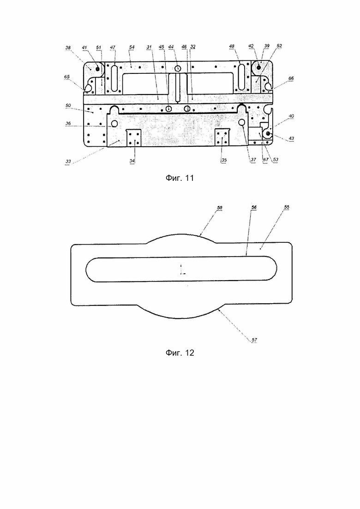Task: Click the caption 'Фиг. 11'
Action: click(x=180, y=178)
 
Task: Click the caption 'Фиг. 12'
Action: click(x=180, y=353)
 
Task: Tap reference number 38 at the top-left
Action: click(x=68, y=48)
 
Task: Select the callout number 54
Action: click(x=132, y=47)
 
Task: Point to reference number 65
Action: click(x=66, y=77)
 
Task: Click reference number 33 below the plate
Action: click(x=68, y=161)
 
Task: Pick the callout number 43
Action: click(x=291, y=138)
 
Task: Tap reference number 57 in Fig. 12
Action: click(x=254, y=340)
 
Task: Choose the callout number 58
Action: click(x=220, y=208)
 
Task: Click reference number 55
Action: click(x=286, y=207)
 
